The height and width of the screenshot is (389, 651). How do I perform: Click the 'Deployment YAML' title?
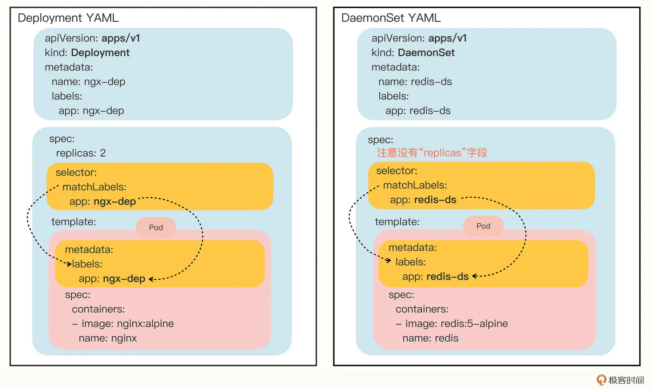(x=68, y=18)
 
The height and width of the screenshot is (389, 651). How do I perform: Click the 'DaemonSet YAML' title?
(x=391, y=18)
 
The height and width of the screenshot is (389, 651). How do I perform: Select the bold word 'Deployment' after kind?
(x=100, y=53)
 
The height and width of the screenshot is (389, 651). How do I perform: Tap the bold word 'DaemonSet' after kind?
(x=426, y=53)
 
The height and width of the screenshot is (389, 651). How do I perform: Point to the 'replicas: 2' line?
(x=81, y=153)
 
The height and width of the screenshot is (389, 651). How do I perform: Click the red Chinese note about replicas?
(x=432, y=153)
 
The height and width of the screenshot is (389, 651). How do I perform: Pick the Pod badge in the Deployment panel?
(x=156, y=227)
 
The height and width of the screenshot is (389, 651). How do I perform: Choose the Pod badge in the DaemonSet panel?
(x=483, y=226)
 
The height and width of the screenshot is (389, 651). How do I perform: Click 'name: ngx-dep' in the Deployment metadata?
(x=88, y=82)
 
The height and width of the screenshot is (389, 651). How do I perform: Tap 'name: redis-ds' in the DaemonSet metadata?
(x=415, y=82)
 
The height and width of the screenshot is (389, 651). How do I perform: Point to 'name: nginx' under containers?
(x=108, y=338)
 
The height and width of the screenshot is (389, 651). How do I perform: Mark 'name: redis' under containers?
(x=430, y=338)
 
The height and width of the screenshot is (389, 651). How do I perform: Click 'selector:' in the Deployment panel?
(x=76, y=172)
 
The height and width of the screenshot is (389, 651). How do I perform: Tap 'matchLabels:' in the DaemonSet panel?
(x=415, y=185)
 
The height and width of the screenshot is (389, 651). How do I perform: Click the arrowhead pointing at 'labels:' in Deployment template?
(x=69, y=264)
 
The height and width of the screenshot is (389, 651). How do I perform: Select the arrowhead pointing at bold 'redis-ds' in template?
(x=475, y=276)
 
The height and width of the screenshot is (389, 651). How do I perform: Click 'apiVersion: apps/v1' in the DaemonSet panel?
(x=419, y=38)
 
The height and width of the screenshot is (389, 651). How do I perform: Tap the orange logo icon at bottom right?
(x=601, y=380)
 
